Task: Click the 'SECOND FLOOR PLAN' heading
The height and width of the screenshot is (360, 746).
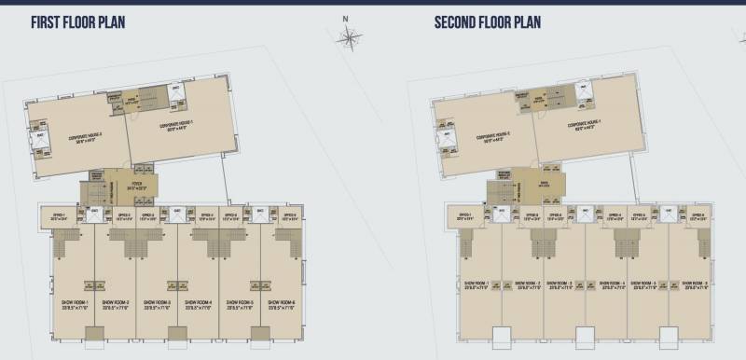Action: pos(488,21)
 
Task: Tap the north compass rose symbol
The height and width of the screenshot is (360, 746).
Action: pos(350,37)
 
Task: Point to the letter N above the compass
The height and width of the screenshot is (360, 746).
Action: pos(345,19)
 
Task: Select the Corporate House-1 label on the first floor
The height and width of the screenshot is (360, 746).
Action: pos(175,125)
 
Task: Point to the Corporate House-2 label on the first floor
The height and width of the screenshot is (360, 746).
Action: pos(84,137)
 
